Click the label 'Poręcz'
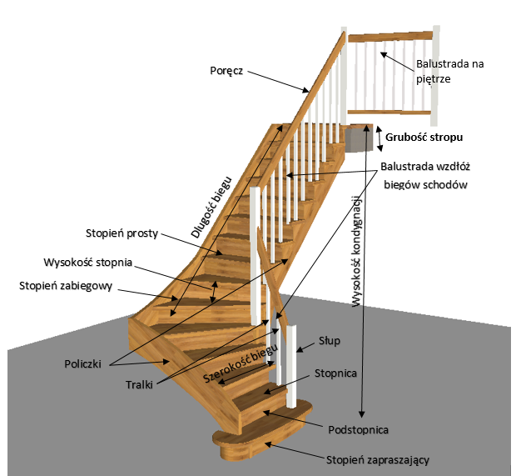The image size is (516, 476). coord(226,70)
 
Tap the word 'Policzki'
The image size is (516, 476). coord(83,364)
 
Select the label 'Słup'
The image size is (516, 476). coord(330,341)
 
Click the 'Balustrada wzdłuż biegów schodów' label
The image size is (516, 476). coord(425,175)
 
